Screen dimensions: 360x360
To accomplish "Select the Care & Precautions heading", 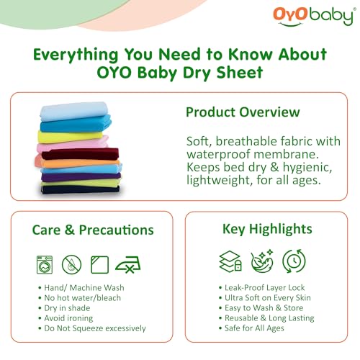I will tap(92, 230).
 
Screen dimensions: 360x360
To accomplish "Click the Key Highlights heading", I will tap(266, 230).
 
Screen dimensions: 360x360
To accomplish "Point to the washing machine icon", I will tap(45, 264).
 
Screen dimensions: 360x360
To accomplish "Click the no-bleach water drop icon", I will tap(72, 264).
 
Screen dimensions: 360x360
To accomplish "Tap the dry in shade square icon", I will tap(99, 264).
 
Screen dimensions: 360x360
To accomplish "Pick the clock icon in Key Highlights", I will tap(293, 261).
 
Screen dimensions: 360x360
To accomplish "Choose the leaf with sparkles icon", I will tap(261, 261).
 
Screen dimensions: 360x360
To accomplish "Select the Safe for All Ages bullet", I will tap(253, 328).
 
